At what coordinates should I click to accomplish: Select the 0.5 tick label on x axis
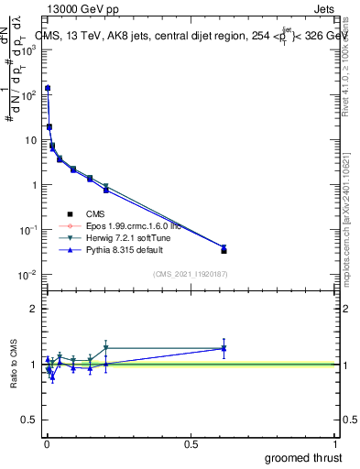click(x=191, y=443)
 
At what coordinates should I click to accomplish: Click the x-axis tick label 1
click(x=336, y=443)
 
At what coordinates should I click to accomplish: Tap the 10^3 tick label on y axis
click(x=28, y=49)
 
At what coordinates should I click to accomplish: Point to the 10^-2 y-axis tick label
click(x=27, y=275)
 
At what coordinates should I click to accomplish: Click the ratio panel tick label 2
click(x=33, y=309)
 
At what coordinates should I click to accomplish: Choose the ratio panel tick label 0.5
click(x=29, y=420)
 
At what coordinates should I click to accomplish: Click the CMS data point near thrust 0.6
click(x=224, y=250)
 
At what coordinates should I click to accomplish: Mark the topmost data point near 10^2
click(x=47, y=88)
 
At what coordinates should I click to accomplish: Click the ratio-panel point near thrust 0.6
click(x=224, y=348)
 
